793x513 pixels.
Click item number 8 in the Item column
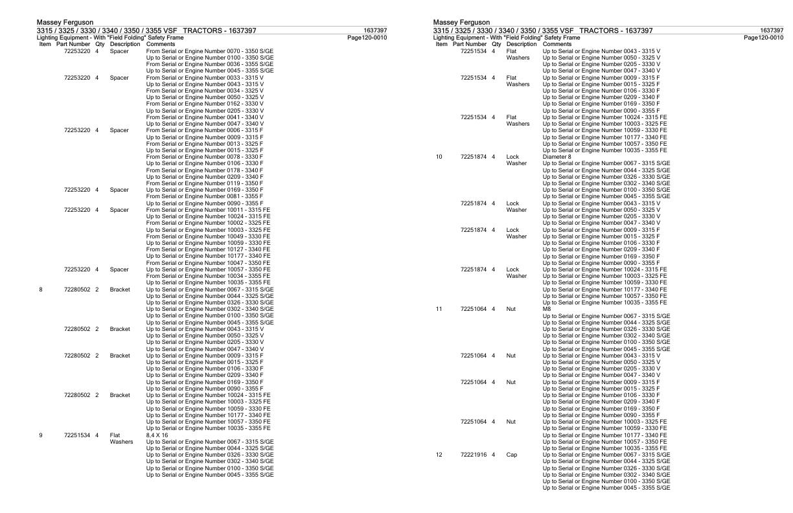41,290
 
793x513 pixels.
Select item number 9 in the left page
41,435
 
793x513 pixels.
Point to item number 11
439,309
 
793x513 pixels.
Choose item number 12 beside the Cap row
439,455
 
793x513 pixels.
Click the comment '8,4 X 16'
156,435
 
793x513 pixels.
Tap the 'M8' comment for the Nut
547,309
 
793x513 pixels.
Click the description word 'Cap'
511,455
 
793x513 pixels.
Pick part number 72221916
475,455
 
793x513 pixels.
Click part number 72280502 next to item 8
78,290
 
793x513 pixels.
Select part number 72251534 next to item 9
78,435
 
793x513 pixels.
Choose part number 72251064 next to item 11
475,309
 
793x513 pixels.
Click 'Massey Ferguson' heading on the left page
65,23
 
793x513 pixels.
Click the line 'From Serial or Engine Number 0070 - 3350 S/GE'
210,51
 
